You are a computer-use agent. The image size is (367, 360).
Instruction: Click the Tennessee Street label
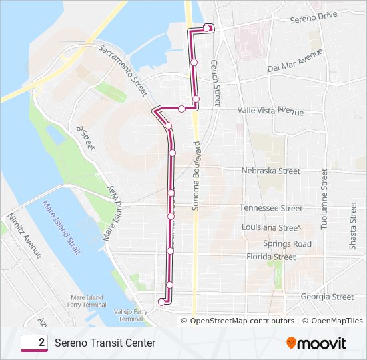pyautogui.click(x=271, y=208)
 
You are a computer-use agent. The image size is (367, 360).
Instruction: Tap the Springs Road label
pyautogui.click(x=287, y=244)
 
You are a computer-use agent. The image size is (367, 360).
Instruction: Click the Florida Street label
pyautogui.click(x=270, y=257)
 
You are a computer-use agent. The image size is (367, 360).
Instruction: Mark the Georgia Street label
pyautogui.click(x=327, y=297)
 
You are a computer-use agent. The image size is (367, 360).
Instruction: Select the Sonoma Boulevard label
pyautogui.click(x=196, y=177)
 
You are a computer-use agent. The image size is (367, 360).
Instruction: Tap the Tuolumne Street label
pyautogui.click(x=324, y=199)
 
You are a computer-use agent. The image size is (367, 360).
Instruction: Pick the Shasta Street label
pyautogui.click(x=353, y=227)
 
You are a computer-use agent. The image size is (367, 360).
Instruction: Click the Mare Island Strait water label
pyautogui.click(x=61, y=227)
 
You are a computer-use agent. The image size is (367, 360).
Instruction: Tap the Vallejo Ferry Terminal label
pyautogui.click(x=131, y=315)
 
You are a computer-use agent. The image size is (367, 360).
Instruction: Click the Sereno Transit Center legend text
pyautogui.click(x=105, y=343)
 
